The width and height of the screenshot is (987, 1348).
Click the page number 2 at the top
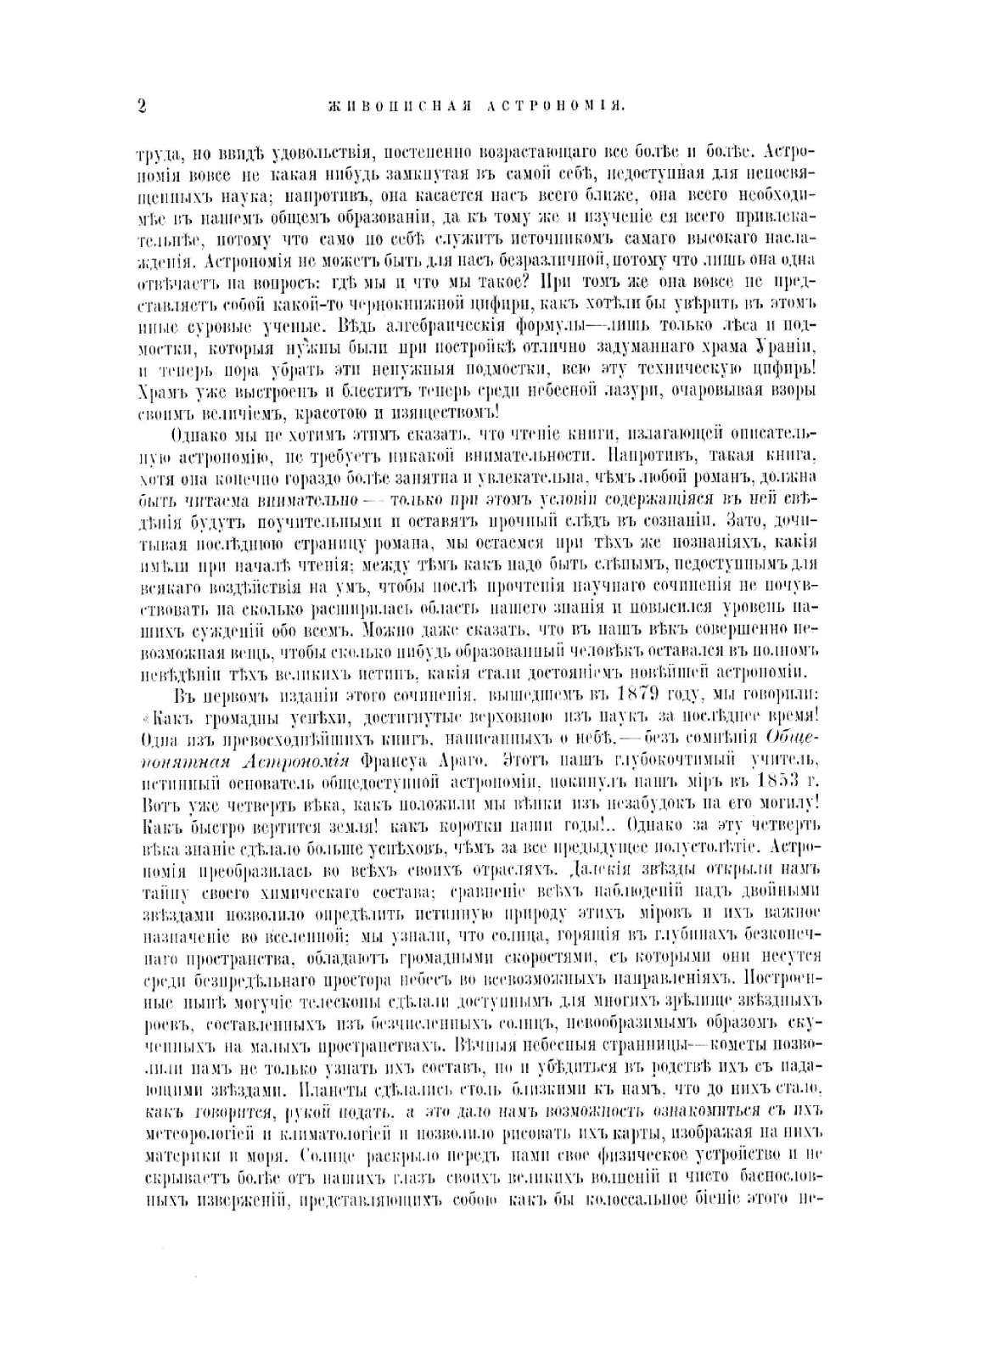(x=142, y=106)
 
